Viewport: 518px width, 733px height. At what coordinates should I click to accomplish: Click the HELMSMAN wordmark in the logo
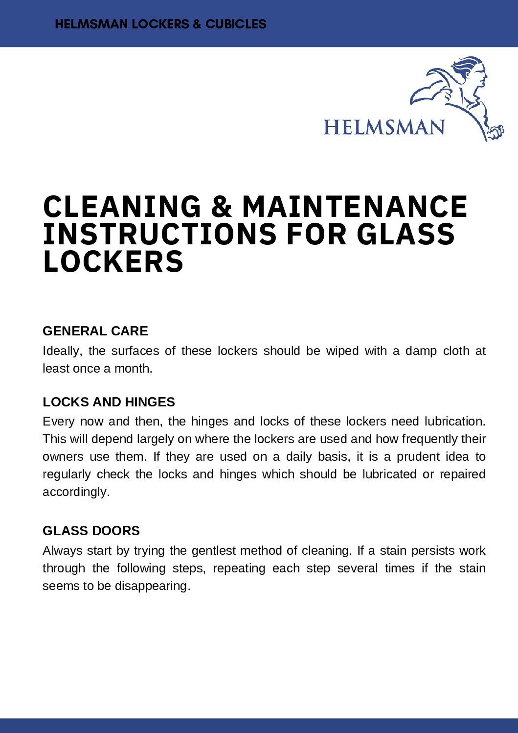(x=384, y=127)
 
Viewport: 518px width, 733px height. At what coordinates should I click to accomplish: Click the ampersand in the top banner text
(x=197, y=24)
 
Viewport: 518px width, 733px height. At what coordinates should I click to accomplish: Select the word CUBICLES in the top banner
(x=236, y=24)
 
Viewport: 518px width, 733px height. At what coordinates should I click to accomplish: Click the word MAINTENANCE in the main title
(x=355, y=207)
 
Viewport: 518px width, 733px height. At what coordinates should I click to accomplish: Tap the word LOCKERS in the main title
(x=113, y=261)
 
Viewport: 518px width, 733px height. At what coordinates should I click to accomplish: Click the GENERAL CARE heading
(x=95, y=331)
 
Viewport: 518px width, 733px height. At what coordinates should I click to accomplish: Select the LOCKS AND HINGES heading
(x=109, y=402)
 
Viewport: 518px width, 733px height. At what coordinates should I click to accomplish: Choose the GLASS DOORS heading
(x=91, y=531)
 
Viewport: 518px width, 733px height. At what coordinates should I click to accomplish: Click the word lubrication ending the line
(x=454, y=422)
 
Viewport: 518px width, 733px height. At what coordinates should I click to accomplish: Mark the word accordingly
(x=76, y=492)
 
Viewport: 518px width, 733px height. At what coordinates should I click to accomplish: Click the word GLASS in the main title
(x=405, y=234)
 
